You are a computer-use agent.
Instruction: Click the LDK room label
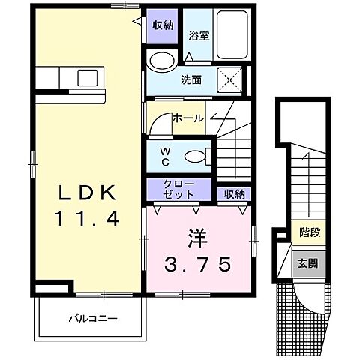(x=87, y=194)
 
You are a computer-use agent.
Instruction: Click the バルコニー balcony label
(x=94, y=319)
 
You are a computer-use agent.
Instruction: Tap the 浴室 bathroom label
(x=198, y=34)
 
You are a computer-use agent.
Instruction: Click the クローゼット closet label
(x=179, y=189)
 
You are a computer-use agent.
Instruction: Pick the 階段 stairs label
(x=307, y=232)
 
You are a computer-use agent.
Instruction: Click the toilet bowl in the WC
(x=194, y=157)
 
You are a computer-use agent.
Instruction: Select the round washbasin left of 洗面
(x=160, y=61)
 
